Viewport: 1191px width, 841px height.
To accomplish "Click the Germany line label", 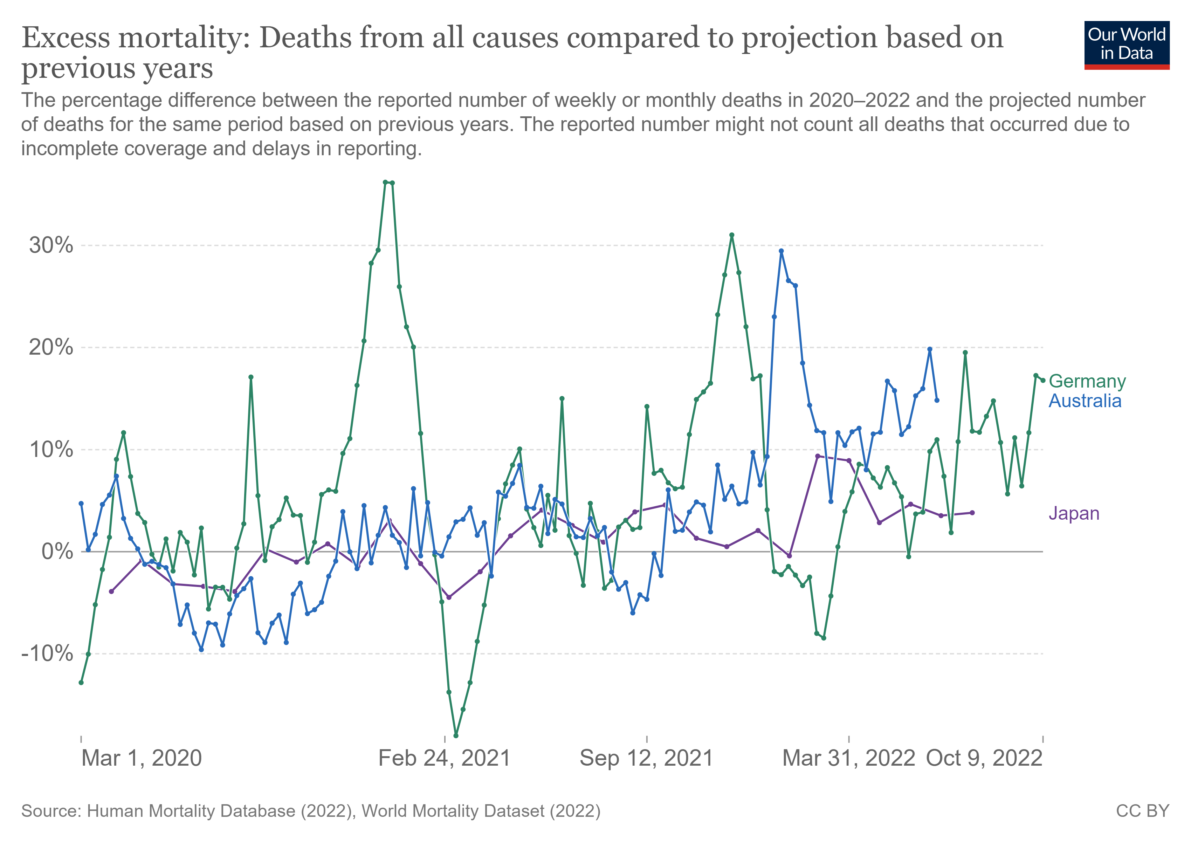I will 1087,381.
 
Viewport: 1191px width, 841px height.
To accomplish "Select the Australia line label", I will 1085,401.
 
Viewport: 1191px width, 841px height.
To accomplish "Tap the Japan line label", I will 1074,514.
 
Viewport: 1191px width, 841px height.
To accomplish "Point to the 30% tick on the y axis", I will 51,245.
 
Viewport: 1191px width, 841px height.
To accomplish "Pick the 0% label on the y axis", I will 57,552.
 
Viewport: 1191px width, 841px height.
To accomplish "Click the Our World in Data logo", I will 1127,45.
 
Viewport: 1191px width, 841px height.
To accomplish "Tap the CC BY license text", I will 1142,811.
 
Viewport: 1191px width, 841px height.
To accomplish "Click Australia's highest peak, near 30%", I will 781,251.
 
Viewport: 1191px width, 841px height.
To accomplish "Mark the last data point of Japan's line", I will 972,513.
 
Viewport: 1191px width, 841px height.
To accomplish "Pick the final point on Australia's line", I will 937,401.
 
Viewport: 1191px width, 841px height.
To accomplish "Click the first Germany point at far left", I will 81,683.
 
